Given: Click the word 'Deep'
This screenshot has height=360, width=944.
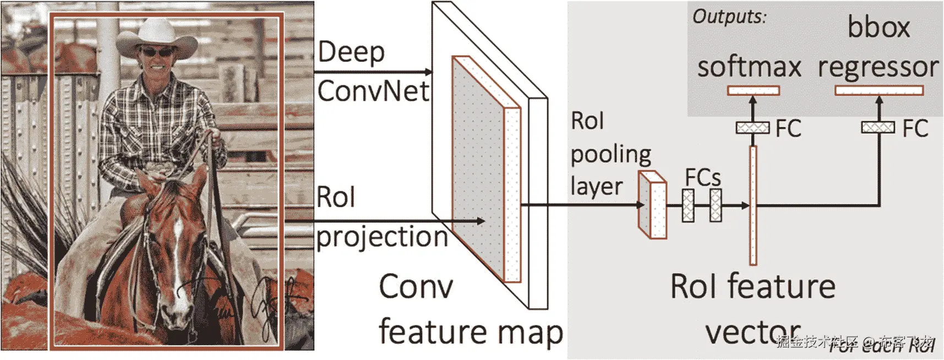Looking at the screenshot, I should [x=351, y=53].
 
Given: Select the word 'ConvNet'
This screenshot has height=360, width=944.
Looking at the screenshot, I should [x=373, y=91].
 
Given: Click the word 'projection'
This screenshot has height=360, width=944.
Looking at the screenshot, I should [x=382, y=237].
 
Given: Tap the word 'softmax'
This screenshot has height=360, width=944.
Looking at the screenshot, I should [x=749, y=67].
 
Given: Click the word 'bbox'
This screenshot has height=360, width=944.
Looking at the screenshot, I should [x=878, y=28].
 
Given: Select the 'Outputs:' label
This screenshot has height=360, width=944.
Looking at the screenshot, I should [x=729, y=17].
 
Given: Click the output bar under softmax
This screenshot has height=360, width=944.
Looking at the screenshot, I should [x=753, y=91].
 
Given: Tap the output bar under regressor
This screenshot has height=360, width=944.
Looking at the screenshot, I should [x=879, y=91].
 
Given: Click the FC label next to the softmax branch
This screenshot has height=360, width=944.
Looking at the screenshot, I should [x=788, y=129].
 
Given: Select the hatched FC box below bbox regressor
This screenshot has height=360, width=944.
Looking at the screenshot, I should [x=878, y=128].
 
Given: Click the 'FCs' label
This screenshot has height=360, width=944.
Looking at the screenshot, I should [x=702, y=178].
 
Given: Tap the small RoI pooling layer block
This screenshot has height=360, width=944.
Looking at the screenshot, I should [x=652, y=205].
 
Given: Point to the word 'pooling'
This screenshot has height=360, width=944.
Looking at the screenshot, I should [x=611, y=155].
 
